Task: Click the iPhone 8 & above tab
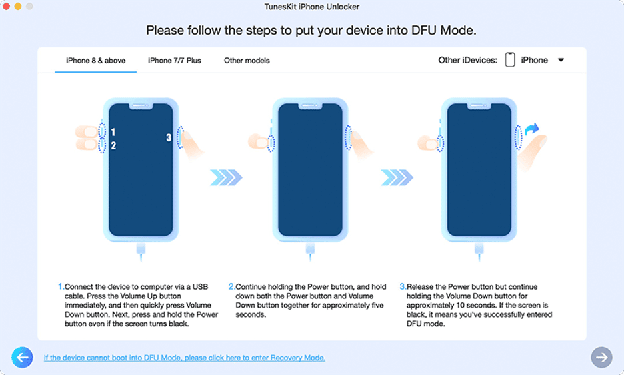(95, 61)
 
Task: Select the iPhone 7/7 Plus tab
(174, 61)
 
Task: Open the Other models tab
(247, 61)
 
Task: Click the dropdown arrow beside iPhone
(561, 60)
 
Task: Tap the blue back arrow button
(22, 357)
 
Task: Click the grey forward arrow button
(601, 357)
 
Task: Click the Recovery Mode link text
(184, 358)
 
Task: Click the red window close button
(7, 7)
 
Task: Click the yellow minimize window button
(18, 7)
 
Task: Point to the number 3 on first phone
(169, 138)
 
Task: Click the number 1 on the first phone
(113, 132)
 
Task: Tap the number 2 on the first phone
(113, 146)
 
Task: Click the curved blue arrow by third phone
(532, 129)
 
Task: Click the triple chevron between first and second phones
(226, 177)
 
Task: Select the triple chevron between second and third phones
(397, 177)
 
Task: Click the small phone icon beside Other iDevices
(510, 60)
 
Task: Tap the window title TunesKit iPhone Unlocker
(312, 7)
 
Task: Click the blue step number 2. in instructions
(231, 286)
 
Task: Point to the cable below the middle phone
(311, 252)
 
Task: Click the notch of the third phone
(479, 106)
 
